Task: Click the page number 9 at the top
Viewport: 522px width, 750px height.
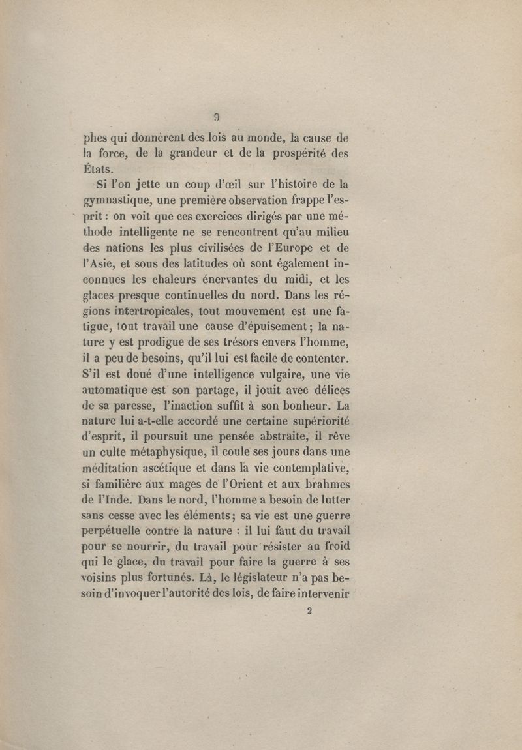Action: click(x=216, y=118)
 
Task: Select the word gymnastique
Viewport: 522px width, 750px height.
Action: click(x=121, y=199)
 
